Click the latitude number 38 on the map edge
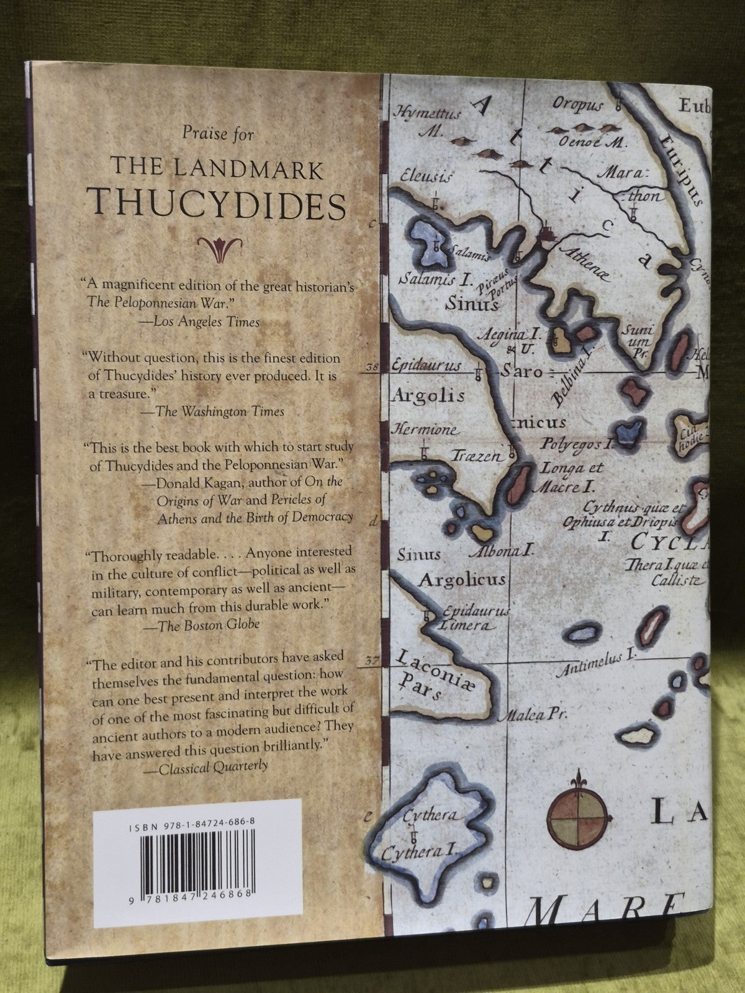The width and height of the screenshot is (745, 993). pos(372,367)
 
